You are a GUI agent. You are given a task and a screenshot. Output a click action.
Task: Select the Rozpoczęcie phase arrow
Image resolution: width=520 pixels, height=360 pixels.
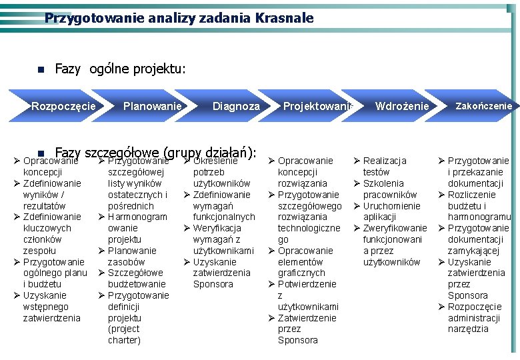(64, 107)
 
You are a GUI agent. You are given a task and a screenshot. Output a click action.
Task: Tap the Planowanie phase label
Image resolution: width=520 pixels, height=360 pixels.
(152, 107)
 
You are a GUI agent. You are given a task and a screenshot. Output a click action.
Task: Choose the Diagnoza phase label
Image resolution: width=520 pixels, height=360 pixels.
(236, 107)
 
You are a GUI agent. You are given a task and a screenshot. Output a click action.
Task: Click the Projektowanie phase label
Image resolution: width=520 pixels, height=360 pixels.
(317, 107)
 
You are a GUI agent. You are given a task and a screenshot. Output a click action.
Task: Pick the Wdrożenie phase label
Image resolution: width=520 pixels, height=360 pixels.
(402, 107)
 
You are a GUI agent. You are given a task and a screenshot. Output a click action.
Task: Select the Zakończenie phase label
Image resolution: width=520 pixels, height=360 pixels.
(483, 106)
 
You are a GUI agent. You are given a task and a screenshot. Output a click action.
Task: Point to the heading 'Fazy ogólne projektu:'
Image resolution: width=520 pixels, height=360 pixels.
(120, 69)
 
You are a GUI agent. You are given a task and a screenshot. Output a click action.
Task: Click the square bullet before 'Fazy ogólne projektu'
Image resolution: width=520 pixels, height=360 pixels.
(41, 69)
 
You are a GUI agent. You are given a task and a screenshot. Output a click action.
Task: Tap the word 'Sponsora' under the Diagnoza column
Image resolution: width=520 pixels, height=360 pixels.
(213, 284)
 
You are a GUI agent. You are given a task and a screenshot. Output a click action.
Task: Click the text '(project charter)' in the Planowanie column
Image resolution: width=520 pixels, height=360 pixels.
(124, 335)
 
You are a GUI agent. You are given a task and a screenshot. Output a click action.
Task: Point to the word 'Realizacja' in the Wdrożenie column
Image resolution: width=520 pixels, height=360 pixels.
(385, 161)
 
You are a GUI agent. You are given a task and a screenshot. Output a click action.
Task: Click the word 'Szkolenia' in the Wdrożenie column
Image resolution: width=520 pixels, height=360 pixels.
(383, 183)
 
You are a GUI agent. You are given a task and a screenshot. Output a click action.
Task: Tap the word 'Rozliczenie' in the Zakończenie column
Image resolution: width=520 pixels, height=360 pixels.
(471, 195)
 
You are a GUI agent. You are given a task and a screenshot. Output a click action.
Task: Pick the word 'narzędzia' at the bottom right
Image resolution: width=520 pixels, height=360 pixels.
(468, 329)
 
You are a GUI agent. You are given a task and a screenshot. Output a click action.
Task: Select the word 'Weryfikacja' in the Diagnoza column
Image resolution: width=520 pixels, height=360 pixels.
(217, 228)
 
